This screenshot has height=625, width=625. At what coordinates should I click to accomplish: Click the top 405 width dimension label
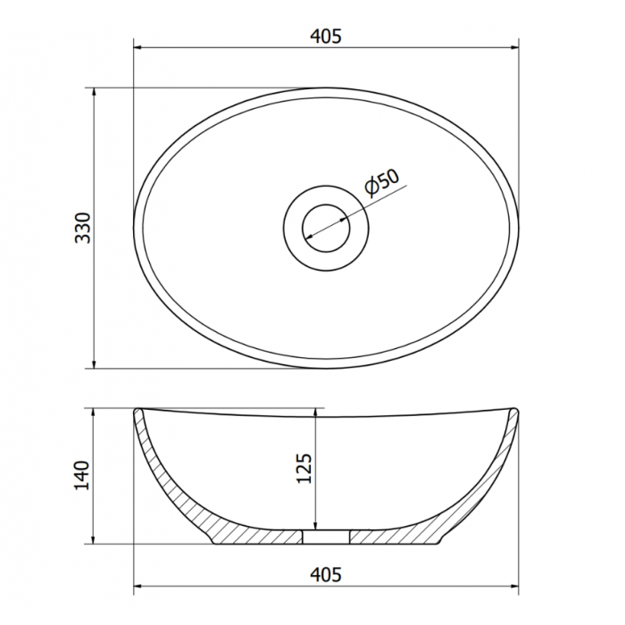click(326, 37)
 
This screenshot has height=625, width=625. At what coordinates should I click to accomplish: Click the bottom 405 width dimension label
click(326, 574)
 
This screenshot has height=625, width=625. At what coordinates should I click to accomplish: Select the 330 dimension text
click(83, 228)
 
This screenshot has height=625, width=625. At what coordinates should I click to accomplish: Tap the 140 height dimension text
click(82, 476)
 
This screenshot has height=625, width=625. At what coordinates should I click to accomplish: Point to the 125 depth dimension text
click(304, 469)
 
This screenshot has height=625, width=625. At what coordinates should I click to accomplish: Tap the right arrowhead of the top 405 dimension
click(513, 48)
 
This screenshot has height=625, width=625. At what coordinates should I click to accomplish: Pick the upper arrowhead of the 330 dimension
click(94, 93)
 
